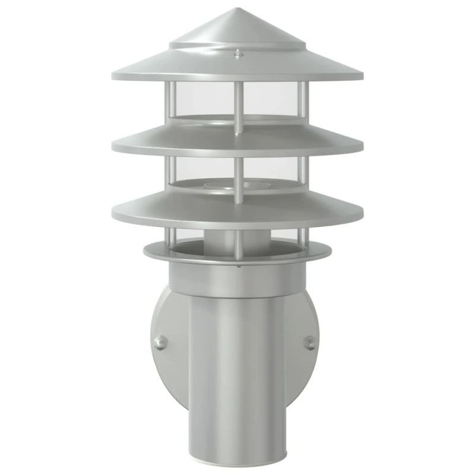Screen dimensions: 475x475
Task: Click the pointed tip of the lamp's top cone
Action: click(237, 9)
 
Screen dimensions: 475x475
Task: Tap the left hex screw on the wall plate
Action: click(159, 343)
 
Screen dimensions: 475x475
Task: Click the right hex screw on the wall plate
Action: click(309, 343)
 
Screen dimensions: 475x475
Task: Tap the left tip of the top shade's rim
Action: click(112, 76)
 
